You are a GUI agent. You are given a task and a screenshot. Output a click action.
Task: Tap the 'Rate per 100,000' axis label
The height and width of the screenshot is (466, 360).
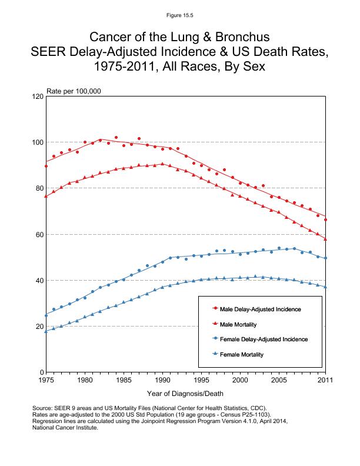tap(74, 91)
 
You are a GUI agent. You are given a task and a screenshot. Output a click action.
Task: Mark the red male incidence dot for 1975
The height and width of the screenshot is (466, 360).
tap(46, 166)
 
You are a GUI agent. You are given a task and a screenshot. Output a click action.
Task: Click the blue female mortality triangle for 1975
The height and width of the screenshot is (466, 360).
tap(46, 331)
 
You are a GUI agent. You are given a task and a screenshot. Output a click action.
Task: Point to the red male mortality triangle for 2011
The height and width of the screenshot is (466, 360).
tap(325, 239)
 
